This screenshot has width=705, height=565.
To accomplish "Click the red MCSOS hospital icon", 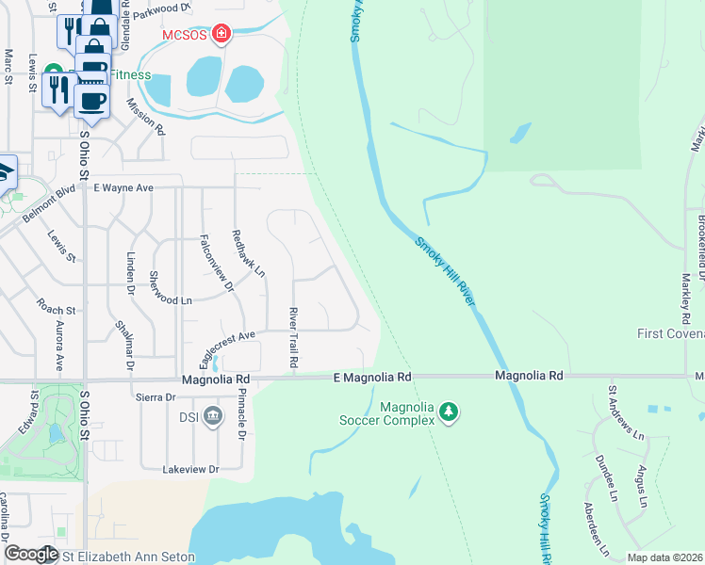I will (221, 36).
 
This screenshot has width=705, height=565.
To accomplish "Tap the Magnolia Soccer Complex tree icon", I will (450, 412).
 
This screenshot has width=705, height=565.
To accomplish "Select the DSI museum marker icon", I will (213, 415).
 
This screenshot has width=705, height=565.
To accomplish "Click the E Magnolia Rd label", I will (373, 377).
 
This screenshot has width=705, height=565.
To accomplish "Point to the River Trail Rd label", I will (293, 338).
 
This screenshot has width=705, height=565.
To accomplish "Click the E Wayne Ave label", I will (123, 187).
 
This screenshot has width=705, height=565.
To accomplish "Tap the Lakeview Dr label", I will (190, 469).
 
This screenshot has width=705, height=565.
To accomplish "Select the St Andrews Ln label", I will (625, 414).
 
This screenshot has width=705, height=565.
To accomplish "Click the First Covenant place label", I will (670, 333).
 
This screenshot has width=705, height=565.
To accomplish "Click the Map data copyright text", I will (665, 557).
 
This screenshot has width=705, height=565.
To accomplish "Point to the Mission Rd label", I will (145, 118).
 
